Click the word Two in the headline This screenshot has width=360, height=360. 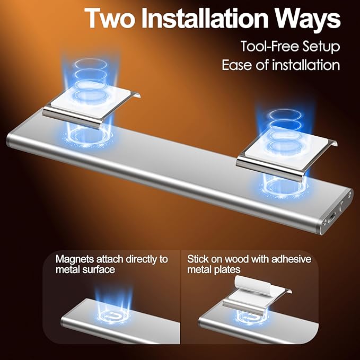click(110, 18)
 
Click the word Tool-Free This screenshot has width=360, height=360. click(270, 46)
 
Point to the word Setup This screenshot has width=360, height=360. click(321, 47)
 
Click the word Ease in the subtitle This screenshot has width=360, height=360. click(236, 65)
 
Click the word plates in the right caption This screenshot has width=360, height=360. click(227, 269)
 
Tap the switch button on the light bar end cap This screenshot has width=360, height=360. click(343, 205)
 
